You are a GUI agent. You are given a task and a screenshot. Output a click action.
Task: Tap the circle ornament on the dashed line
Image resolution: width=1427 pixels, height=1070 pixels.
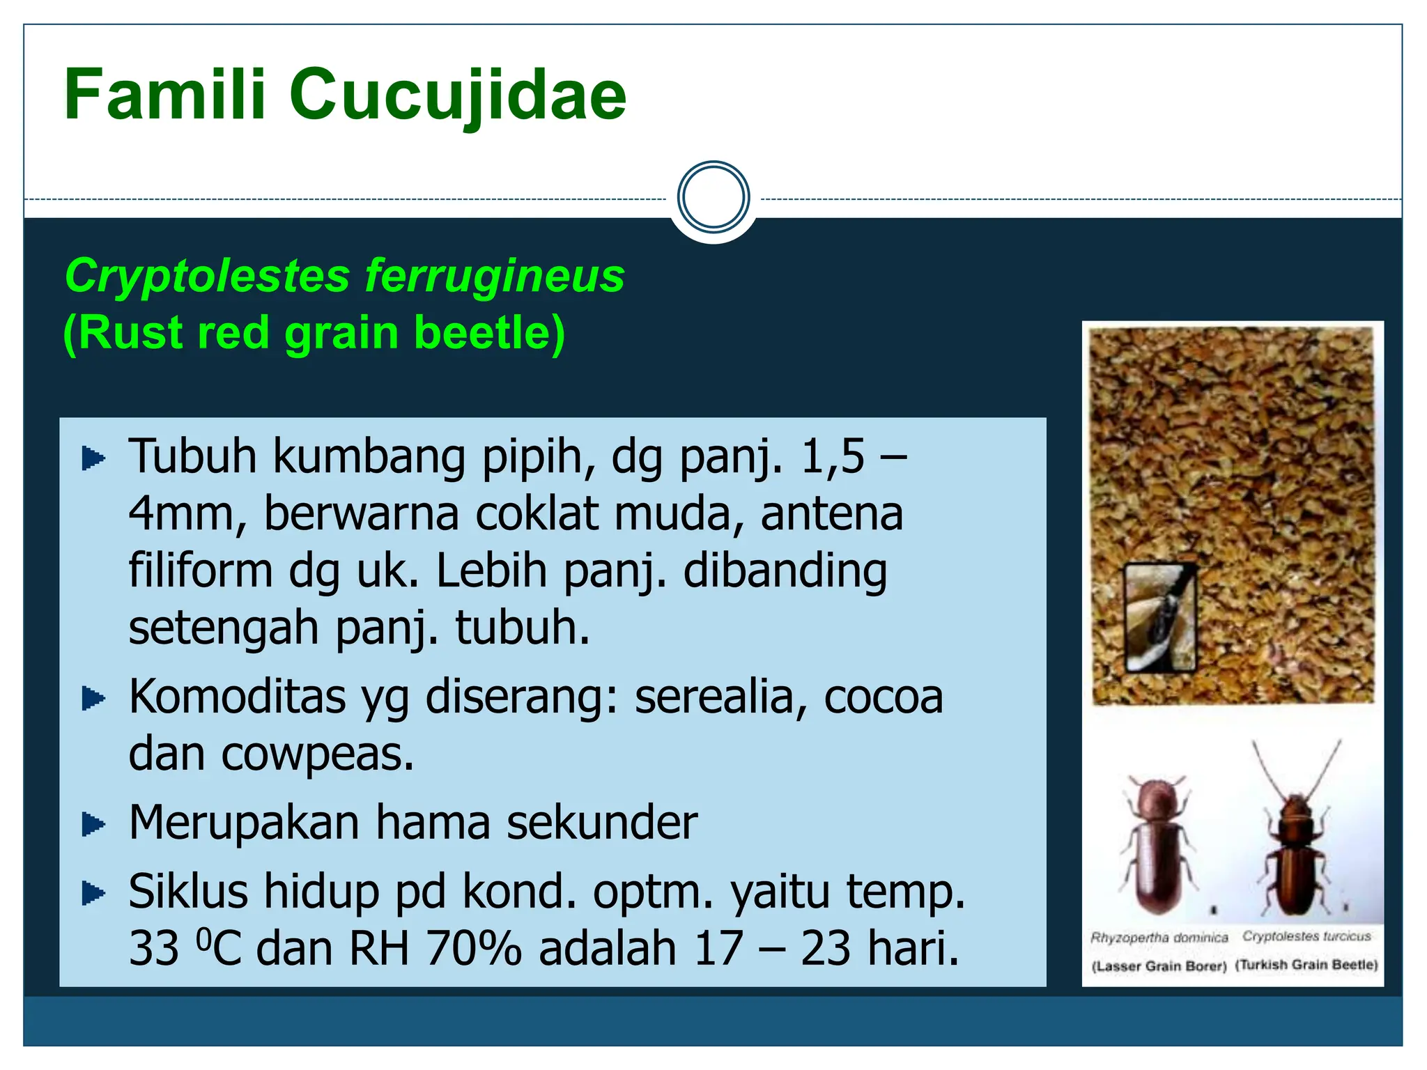coord(713,198)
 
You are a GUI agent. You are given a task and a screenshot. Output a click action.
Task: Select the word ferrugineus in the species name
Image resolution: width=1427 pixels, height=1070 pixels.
coord(495,276)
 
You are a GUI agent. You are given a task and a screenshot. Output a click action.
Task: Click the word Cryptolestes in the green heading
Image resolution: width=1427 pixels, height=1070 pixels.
coord(207,276)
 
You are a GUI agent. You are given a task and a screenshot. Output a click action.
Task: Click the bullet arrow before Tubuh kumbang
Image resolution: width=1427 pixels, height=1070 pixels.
coord(93,458)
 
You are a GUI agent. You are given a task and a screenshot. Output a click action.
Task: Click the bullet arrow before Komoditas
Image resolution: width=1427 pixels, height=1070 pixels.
coord(93,698)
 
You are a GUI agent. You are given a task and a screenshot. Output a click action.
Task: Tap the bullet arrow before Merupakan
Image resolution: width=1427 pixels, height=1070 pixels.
coord(93,824)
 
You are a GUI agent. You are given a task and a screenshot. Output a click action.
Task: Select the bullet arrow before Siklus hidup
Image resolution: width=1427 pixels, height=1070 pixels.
coord(93,892)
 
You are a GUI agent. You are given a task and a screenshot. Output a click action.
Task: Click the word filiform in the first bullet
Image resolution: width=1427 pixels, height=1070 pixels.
coord(200,571)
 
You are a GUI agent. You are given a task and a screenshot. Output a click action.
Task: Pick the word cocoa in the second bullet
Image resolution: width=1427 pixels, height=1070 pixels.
coord(883,697)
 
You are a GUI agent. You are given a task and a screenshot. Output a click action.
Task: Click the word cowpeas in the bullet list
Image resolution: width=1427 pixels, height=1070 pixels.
coord(316,754)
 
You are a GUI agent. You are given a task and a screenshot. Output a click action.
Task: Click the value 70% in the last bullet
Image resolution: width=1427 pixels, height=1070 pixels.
coord(473,949)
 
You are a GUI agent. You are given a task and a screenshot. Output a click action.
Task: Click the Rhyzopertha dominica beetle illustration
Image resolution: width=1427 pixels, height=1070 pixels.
coord(1157,846)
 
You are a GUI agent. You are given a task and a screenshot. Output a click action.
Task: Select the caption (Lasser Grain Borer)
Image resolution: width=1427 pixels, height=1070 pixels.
coord(1158,966)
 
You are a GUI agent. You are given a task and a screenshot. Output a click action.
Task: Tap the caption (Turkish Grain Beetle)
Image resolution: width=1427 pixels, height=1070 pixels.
coord(1306,965)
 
